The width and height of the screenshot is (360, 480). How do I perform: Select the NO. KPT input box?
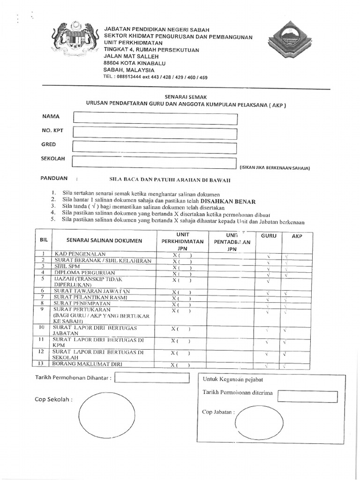pos(155,133)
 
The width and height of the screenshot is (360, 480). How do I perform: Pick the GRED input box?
pos(155,147)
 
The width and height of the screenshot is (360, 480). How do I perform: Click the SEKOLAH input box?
pos(155,162)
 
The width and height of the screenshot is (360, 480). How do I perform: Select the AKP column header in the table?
pos(297,236)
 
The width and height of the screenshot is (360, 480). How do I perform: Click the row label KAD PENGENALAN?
pos(80,254)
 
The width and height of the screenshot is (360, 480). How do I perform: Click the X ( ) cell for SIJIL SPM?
pos(181,267)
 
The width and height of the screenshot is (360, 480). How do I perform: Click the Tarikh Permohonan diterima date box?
pos(307,396)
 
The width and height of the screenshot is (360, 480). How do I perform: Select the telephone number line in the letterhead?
pos(155,77)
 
